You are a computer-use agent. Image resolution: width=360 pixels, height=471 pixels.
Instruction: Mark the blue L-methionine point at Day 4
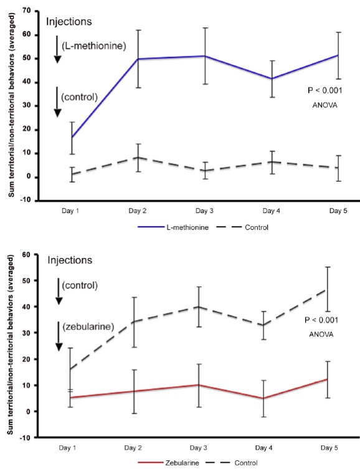(x=272, y=78)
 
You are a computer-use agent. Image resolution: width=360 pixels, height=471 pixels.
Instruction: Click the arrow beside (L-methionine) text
(x=57, y=52)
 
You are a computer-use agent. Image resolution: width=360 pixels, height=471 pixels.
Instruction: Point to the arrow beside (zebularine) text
(x=57, y=337)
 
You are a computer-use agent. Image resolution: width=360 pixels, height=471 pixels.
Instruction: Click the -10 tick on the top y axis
(x=25, y=201)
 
